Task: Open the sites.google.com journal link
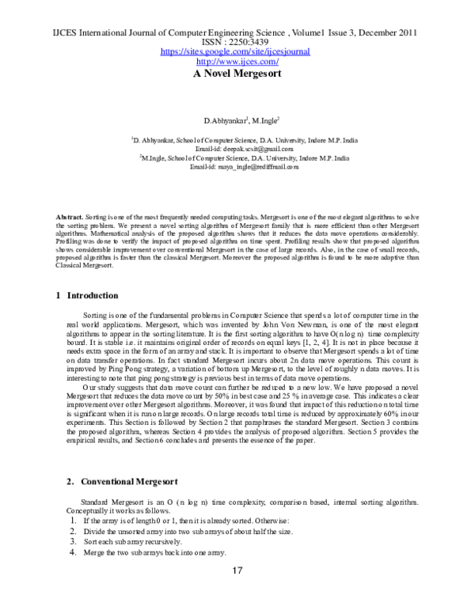point(235,51)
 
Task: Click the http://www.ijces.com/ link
point(235,61)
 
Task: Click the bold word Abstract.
point(69,216)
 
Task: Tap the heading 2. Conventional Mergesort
point(112,480)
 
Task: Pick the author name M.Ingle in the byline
point(266,120)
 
